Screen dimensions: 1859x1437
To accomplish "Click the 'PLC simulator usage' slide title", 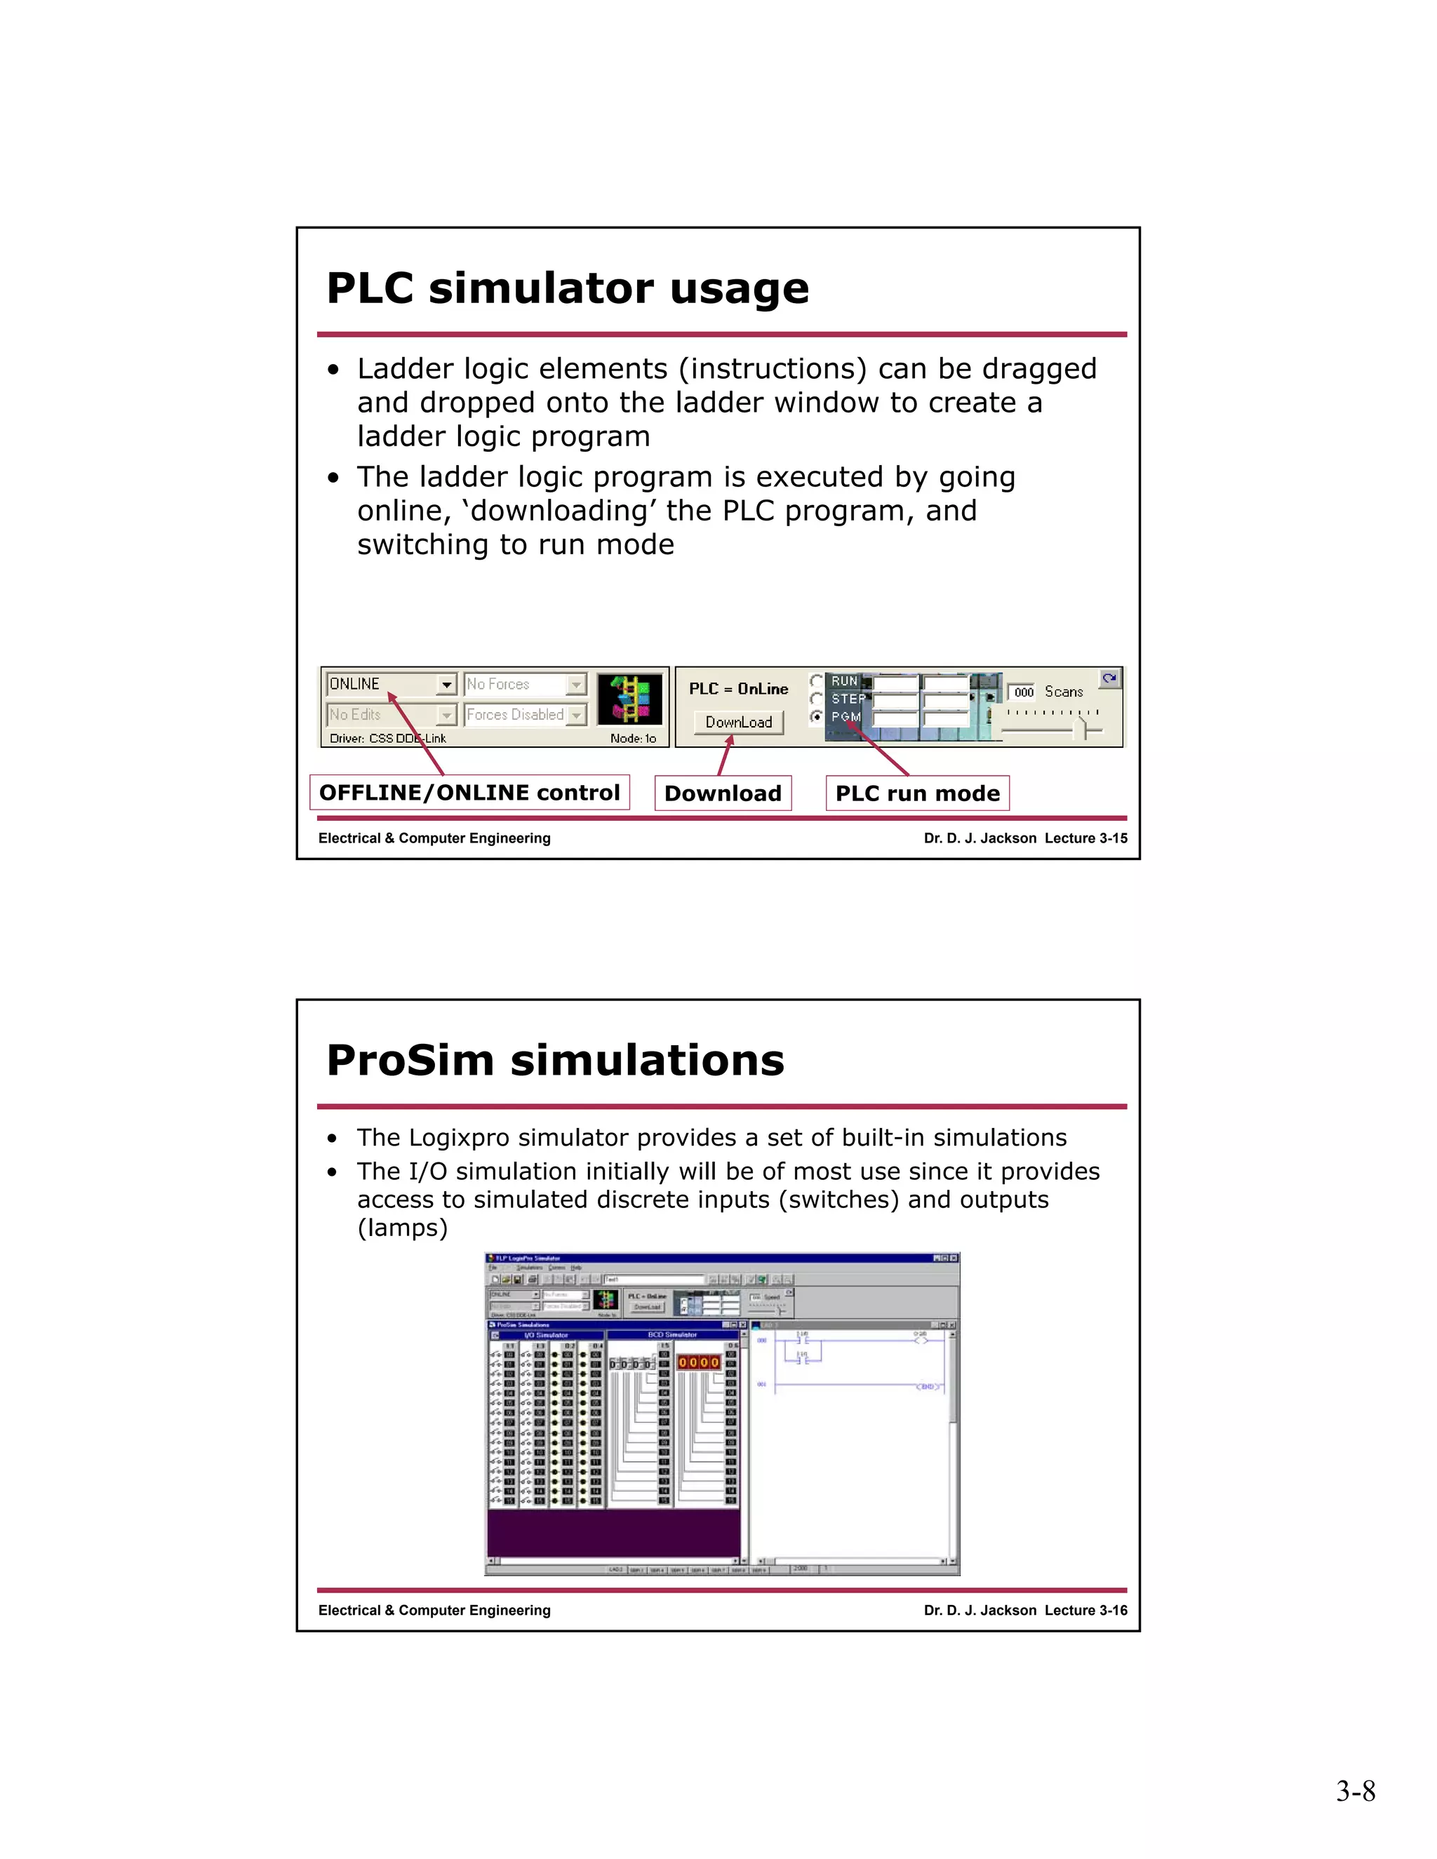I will click(568, 288).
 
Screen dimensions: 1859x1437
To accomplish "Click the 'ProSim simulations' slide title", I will click(555, 1061).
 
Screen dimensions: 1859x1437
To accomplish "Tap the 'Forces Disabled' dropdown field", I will click(524, 715).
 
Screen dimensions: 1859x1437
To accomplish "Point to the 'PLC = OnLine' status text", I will click(738, 689).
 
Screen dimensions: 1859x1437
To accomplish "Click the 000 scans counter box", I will click(1023, 692).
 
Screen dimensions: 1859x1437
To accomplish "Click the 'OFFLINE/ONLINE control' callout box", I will click(469, 793).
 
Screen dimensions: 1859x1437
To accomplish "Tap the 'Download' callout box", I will click(723, 793).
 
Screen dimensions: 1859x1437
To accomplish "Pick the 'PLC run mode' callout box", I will click(917, 793).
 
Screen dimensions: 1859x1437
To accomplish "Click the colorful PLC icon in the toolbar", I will click(630, 699).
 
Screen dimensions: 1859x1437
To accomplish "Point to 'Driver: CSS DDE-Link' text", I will click(387, 738).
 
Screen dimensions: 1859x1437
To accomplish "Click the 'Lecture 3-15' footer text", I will click(1085, 838).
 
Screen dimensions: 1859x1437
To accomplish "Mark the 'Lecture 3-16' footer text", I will click(1085, 1611).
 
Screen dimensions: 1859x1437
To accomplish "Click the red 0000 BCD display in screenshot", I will click(698, 1363).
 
